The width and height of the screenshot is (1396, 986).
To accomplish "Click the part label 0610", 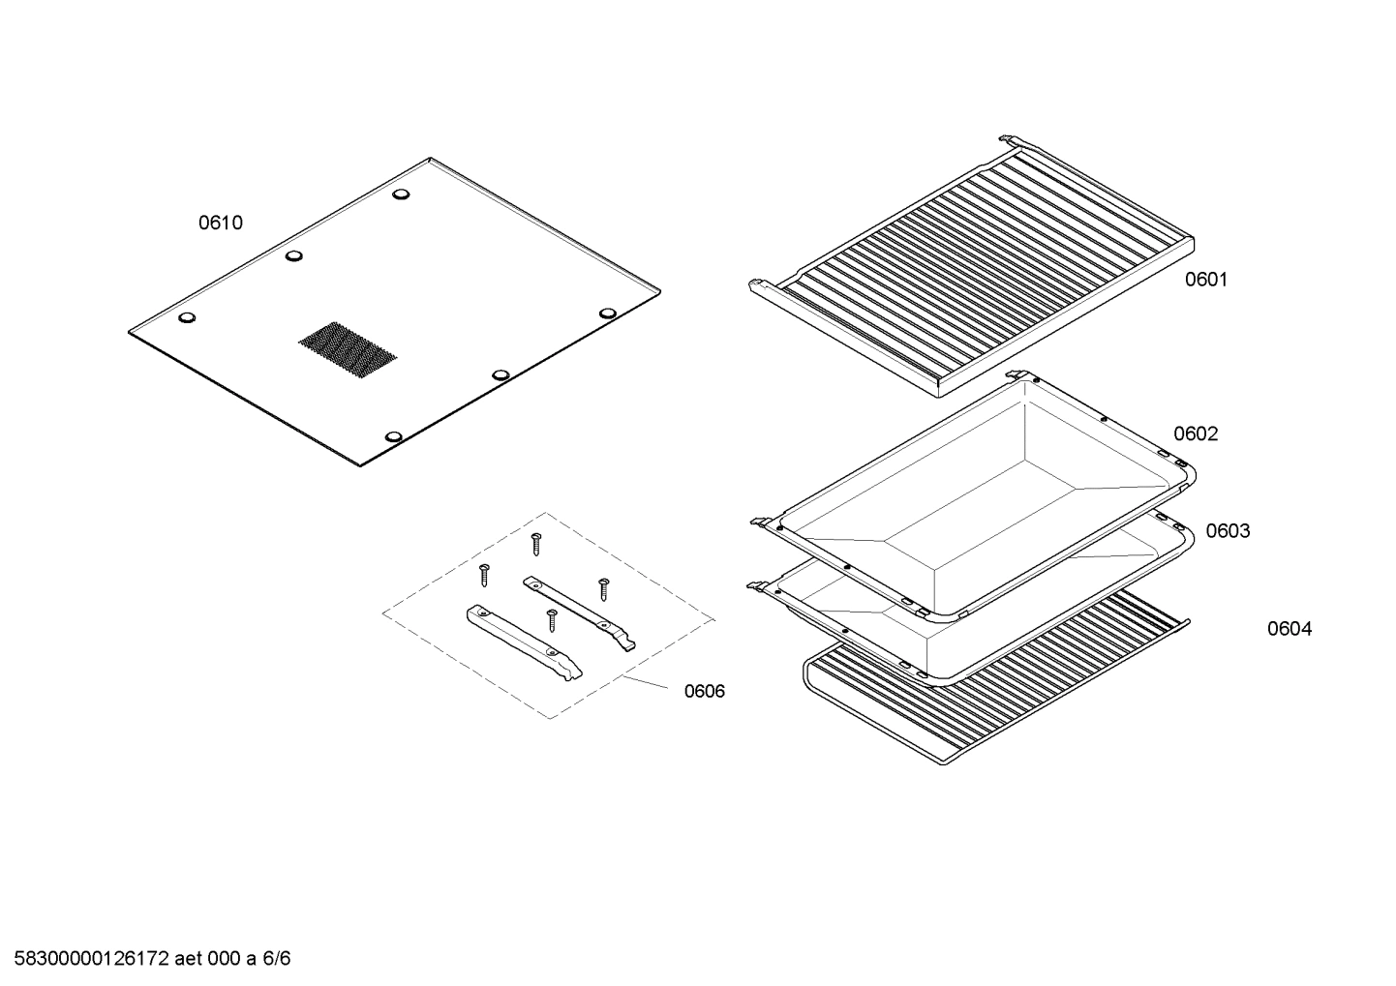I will [221, 224].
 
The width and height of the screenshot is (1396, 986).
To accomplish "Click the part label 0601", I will [1205, 280].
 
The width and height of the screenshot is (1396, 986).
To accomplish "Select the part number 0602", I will [1196, 434].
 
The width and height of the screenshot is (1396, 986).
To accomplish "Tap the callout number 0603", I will [1228, 531].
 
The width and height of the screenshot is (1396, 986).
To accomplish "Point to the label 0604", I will [1290, 630].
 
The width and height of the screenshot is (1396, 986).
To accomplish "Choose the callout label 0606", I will [704, 692].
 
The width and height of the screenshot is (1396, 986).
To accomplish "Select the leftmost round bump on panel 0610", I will [188, 317].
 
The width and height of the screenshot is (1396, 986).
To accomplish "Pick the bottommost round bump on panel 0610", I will [394, 437].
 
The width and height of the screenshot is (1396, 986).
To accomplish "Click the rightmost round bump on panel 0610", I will [607, 314].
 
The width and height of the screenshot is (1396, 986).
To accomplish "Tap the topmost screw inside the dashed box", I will [535, 543].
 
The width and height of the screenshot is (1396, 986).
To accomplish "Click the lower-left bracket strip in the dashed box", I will [524, 643].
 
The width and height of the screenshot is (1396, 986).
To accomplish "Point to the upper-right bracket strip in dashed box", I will [580, 613].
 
